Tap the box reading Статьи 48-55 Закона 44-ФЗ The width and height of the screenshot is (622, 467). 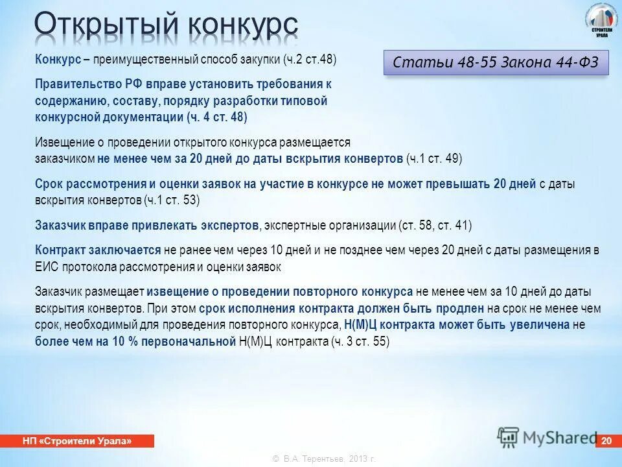[x=496, y=63]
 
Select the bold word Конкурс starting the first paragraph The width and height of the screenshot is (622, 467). [x=58, y=59]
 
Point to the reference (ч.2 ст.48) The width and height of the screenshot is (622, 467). [x=309, y=59]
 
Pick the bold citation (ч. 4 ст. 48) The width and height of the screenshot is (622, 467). [x=216, y=117]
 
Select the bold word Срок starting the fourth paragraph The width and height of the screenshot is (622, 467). [x=49, y=184]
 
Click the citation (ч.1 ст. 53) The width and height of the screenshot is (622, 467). [x=172, y=200]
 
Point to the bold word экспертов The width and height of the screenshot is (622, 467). [x=229, y=226]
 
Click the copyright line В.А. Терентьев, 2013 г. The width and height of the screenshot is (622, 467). [x=324, y=459]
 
